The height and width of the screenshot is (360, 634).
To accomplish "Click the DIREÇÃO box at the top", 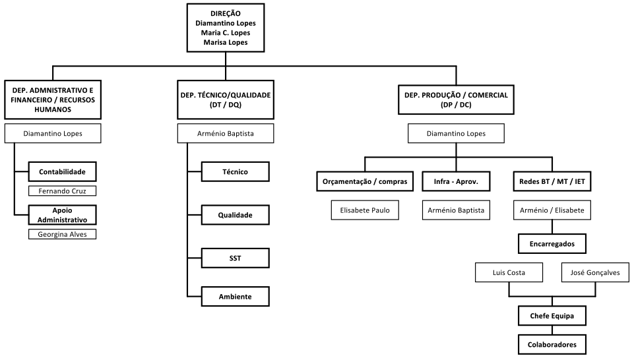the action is coord(226,28).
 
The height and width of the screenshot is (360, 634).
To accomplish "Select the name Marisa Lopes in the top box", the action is coord(226,42).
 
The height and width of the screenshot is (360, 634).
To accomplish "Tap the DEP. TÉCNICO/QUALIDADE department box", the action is coord(226,100).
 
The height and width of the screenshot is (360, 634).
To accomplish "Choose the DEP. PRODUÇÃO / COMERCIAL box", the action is coord(456,100).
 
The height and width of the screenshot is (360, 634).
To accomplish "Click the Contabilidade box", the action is coord(62,171).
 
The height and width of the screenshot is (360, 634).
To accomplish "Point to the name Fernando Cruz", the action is coord(62,191).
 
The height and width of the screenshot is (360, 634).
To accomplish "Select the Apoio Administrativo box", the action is coord(62,215).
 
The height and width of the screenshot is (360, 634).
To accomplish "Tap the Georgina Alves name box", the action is coord(62,234).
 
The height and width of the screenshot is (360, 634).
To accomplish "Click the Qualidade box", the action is coord(236,215).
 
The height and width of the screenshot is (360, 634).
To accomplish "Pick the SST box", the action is coord(236,258).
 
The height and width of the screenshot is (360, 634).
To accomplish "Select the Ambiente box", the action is coord(236,297).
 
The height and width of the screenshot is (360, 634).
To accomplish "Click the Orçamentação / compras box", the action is coord(365,181).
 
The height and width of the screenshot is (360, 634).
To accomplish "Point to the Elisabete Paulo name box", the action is coord(365,210).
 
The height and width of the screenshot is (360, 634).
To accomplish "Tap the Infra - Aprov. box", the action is coord(456,181).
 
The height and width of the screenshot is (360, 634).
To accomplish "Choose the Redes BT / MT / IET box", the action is coord(552,181).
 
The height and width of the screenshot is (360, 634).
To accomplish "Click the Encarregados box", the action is coord(552,244).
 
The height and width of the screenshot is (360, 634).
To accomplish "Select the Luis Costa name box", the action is coord(509,272).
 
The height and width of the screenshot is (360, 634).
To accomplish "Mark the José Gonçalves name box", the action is coord(595,272).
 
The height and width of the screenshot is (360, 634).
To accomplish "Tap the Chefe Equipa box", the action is coord(552,316).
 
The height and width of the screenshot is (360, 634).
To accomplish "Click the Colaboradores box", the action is coord(552,345).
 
